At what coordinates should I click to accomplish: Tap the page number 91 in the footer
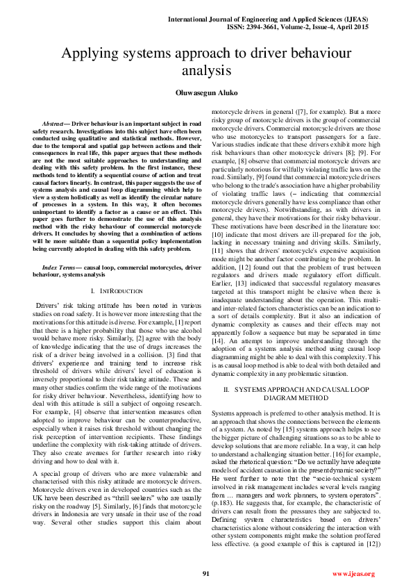point(206,573)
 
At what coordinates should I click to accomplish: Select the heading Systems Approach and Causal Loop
point(298,390)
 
